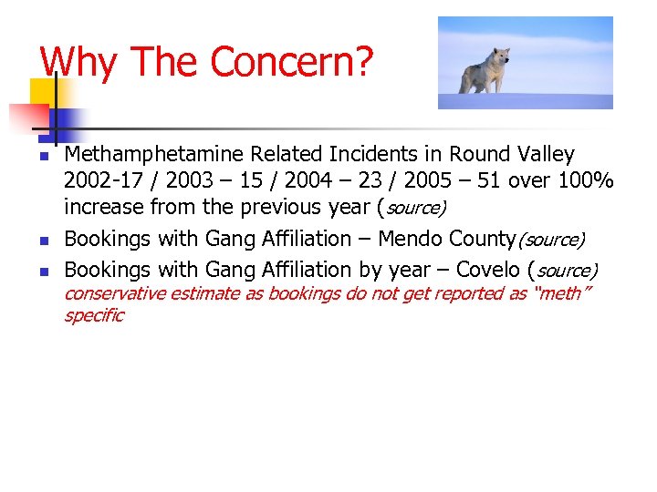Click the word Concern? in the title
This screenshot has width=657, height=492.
[292, 62]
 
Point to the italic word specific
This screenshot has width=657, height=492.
[93, 315]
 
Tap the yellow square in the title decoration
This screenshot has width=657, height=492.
[43, 91]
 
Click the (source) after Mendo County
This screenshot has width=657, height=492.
[550, 240]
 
